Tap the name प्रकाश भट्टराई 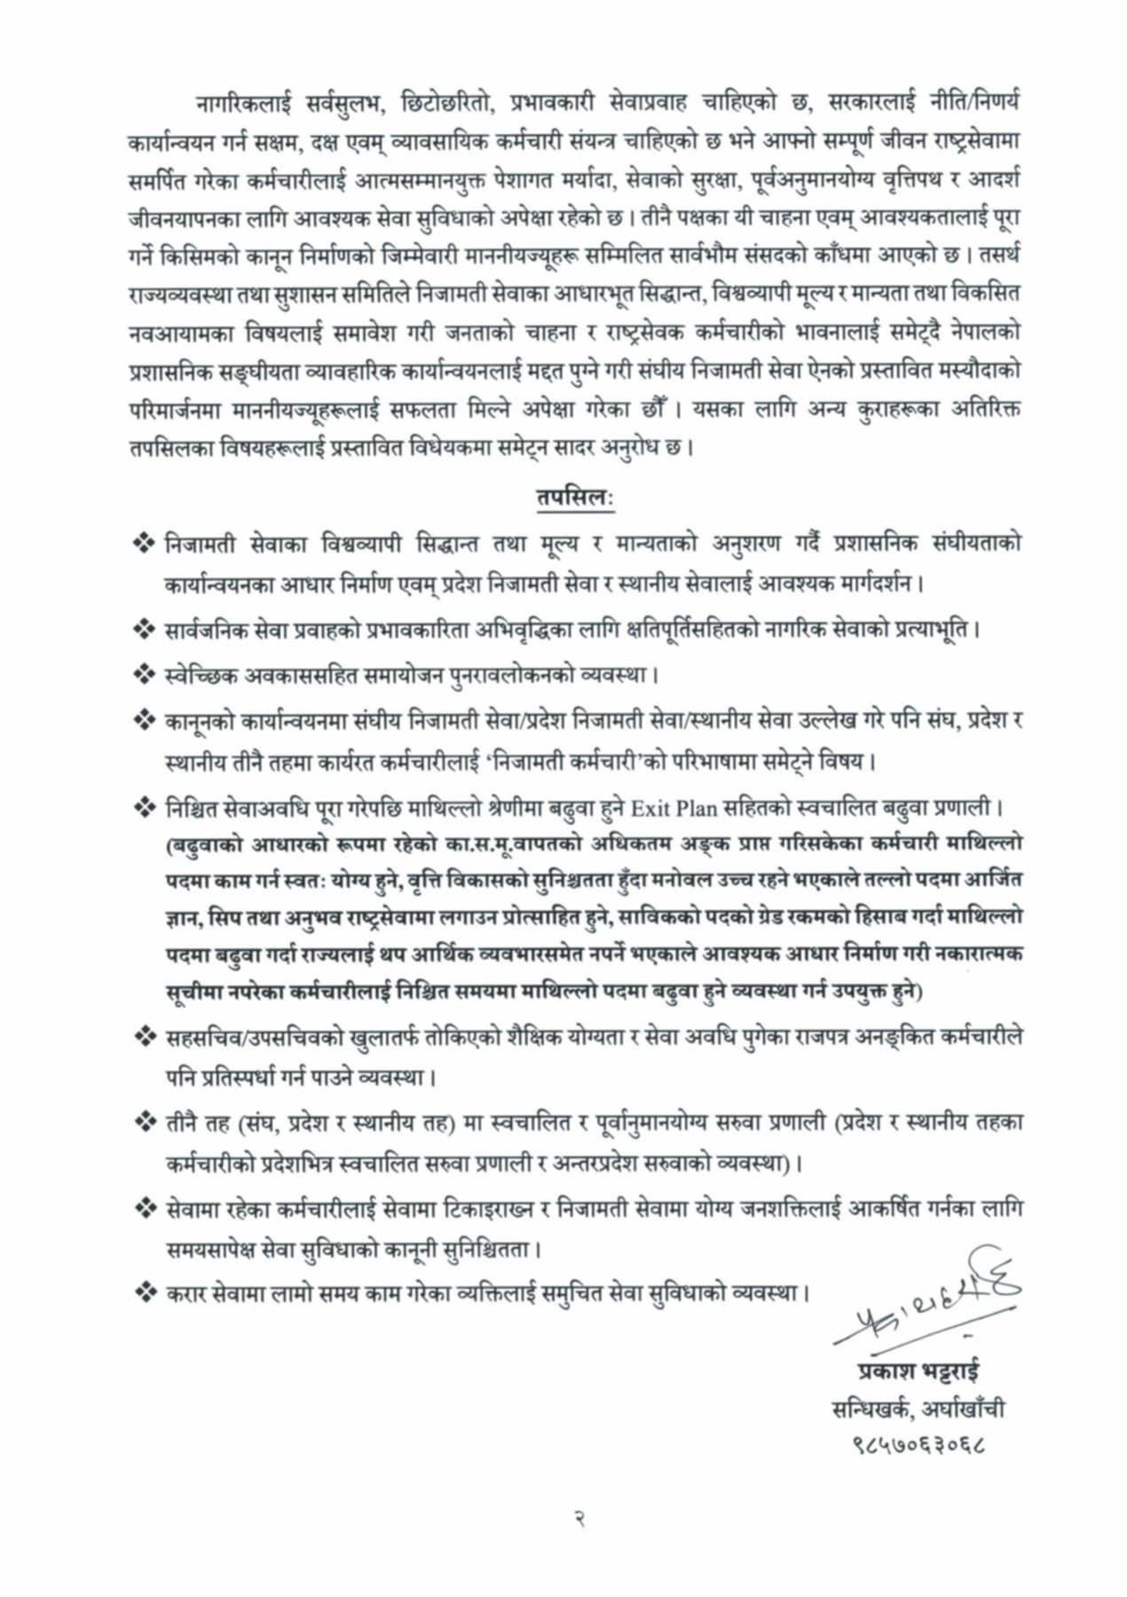coord(918,1369)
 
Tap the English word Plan coord(697,808)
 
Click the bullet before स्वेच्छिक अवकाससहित coord(143,674)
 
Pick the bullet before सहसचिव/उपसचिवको coord(143,1035)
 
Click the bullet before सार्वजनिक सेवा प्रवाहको coord(143,629)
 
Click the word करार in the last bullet coord(186,1293)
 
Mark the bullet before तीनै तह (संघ coord(143,1122)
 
